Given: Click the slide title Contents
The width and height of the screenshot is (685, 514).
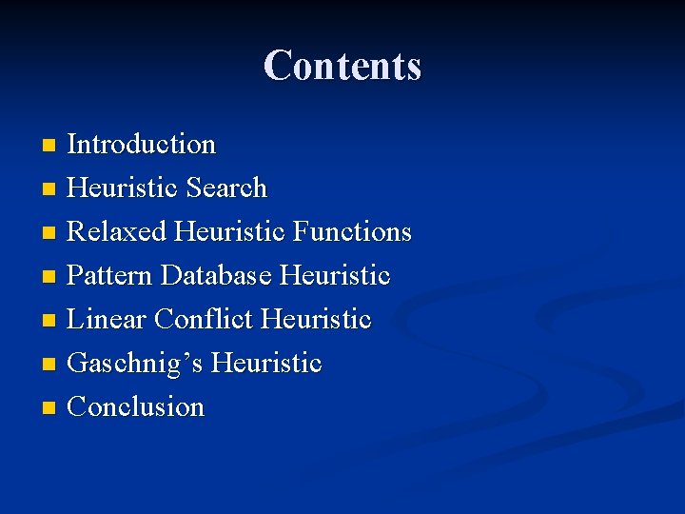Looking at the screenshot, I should pos(342,66).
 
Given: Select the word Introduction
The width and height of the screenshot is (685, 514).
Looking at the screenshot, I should pos(142,145).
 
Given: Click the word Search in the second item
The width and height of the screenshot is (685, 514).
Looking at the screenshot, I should pos(226,188).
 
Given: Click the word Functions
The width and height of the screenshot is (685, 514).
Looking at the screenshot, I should pos(352,232).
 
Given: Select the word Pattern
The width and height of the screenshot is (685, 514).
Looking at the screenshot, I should pos(110,276).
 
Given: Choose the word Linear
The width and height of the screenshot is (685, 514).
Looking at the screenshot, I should pos(107,320).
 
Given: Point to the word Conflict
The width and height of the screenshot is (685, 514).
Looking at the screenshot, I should pos(203,320).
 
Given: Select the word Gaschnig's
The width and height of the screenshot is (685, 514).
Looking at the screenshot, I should pos(135,364).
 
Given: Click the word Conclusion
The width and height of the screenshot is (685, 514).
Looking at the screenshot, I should pos(136,407).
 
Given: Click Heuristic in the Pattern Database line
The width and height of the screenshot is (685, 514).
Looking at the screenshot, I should pos(335,276).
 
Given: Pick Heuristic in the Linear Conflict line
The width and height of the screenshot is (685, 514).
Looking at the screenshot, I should pos(316,320).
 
